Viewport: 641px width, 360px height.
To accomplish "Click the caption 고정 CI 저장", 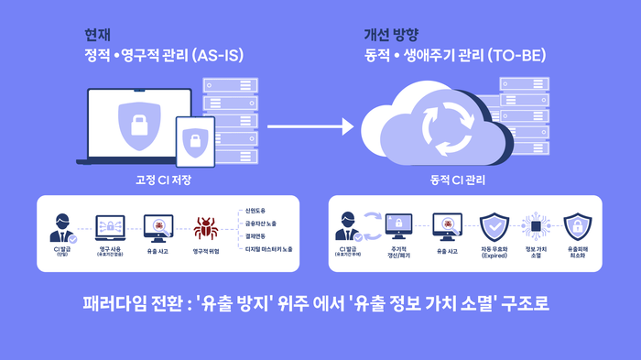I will pyautogui.click(x=163, y=180).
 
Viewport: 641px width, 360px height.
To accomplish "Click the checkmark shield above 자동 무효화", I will pyautogui.click(x=494, y=225).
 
